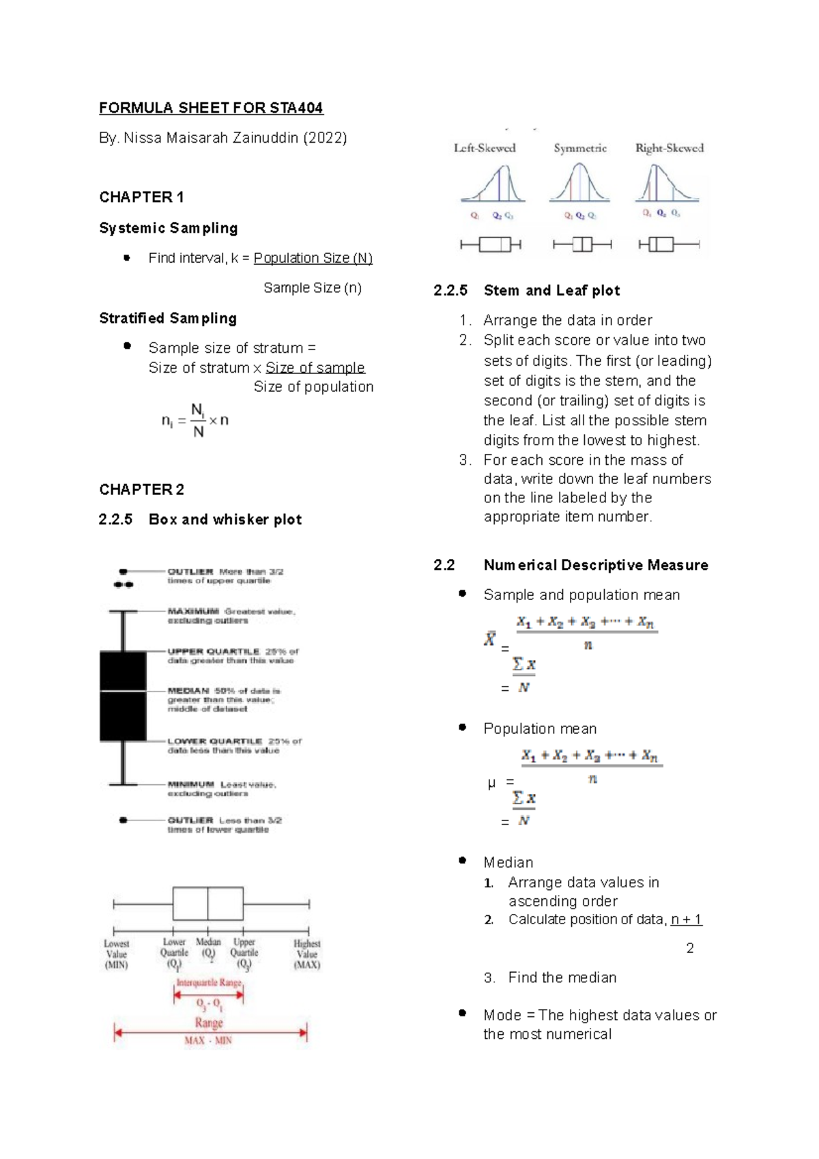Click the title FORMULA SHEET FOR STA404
coord(211,108)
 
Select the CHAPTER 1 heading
coord(141,197)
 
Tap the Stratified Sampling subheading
coord(168,318)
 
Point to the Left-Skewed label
coord(485,148)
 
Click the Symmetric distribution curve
coord(579,185)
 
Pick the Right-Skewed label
coord(669,148)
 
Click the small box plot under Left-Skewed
coord(491,244)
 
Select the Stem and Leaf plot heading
coord(551,291)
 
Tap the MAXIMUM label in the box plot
coord(193,612)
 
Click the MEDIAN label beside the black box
coord(188,691)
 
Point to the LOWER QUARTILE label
coord(214,741)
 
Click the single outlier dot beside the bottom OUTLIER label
coord(123,820)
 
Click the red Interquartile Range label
coord(209,983)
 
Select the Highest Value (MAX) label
coord(306,954)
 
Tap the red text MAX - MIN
coord(208,1041)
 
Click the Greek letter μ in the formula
coord(491,783)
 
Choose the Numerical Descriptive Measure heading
coord(595,565)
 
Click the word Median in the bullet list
coord(508,862)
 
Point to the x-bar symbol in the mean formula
coord(490,640)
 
